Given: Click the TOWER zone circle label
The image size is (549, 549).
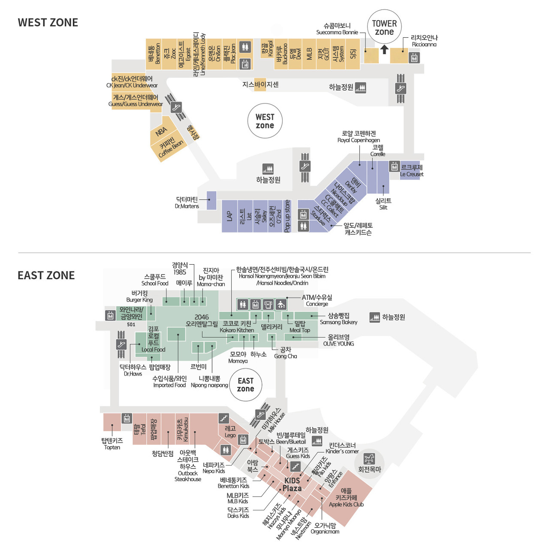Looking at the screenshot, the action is pos(384,27).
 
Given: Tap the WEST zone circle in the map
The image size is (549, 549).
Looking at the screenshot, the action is pos(265,121).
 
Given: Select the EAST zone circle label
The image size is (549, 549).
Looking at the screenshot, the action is pos(245,384).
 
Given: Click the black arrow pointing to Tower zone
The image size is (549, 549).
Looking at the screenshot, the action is pos(384,50).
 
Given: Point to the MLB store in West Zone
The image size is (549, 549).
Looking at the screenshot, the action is pos(309,54).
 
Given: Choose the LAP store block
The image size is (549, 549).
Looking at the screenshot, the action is pos(229,216).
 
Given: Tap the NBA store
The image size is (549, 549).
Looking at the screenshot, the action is pos(161,132).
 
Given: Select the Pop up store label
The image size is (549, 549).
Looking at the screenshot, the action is pos(287,216).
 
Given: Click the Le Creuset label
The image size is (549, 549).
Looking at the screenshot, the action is pos(411,171).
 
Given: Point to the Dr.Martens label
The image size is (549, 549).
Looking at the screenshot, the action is pos(187,202).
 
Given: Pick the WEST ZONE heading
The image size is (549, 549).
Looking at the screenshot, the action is pos(48,23).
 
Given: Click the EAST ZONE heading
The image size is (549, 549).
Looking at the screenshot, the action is pos(46,275).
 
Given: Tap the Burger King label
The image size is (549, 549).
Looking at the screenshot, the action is pos(139,296).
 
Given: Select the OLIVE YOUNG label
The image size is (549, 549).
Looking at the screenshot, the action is pos(338,340).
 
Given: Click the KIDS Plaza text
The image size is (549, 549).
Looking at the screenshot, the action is pos(292,484).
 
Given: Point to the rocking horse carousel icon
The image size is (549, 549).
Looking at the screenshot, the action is pos(369,459).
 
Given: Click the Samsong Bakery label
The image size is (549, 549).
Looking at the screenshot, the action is pos(338,319).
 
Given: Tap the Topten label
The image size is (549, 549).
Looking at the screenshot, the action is pos(112,443).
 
